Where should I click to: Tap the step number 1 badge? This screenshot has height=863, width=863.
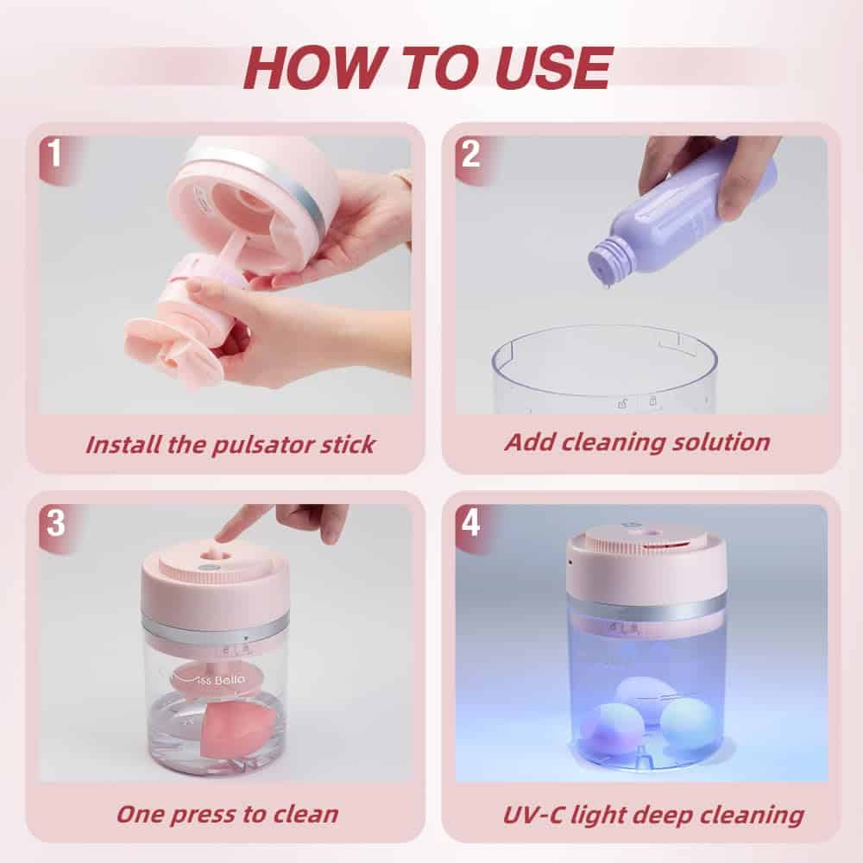point(54,153)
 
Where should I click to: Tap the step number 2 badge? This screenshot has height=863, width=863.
point(470,154)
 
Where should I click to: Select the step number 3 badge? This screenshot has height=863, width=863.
point(55,522)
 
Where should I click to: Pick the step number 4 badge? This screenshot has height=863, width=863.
point(470,522)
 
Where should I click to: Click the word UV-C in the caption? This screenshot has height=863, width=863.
point(532,815)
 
